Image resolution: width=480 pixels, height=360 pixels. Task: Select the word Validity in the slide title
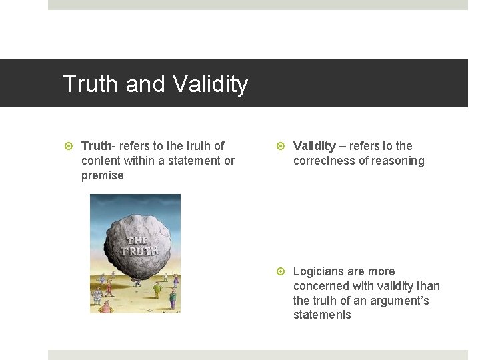(210, 84)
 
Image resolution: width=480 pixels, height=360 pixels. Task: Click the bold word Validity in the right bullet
(314, 146)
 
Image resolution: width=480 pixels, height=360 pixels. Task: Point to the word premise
(102, 175)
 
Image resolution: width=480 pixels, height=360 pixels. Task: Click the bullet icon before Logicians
(281, 271)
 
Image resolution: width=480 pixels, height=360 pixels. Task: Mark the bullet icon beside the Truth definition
(69, 146)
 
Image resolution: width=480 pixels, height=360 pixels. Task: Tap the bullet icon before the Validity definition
(281, 146)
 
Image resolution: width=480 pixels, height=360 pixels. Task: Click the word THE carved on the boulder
(137, 240)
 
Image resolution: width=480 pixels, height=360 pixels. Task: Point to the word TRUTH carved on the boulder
(139, 251)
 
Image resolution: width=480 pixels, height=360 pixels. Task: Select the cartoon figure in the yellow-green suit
(157, 289)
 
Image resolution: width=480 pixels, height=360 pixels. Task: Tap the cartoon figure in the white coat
(98, 293)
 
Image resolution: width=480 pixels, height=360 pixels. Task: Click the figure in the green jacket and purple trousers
(173, 298)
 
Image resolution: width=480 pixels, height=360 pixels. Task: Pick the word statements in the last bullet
(322, 315)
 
